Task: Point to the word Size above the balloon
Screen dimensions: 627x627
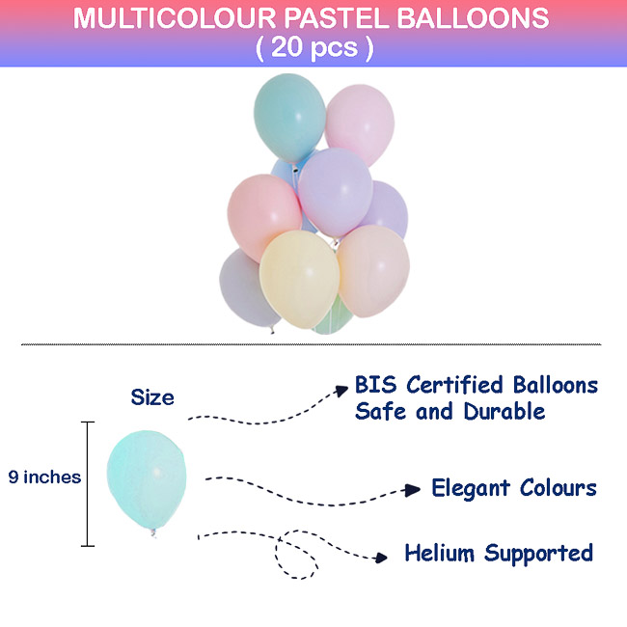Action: pyautogui.click(x=152, y=397)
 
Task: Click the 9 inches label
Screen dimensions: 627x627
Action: pyautogui.click(x=44, y=477)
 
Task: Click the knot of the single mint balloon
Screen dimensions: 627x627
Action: pyautogui.click(x=152, y=532)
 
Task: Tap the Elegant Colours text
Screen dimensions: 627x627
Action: pyautogui.click(x=513, y=487)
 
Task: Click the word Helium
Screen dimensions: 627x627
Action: pyautogui.click(x=439, y=553)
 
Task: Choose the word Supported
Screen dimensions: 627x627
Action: pyautogui.click(x=538, y=554)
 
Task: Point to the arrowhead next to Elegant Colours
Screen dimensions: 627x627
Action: pyautogui.click(x=412, y=489)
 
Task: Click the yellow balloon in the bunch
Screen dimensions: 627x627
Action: pyautogui.click(x=298, y=276)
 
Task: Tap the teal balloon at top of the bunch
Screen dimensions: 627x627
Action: pyautogui.click(x=288, y=114)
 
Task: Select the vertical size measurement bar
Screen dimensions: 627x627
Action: pyautogui.click(x=88, y=483)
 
